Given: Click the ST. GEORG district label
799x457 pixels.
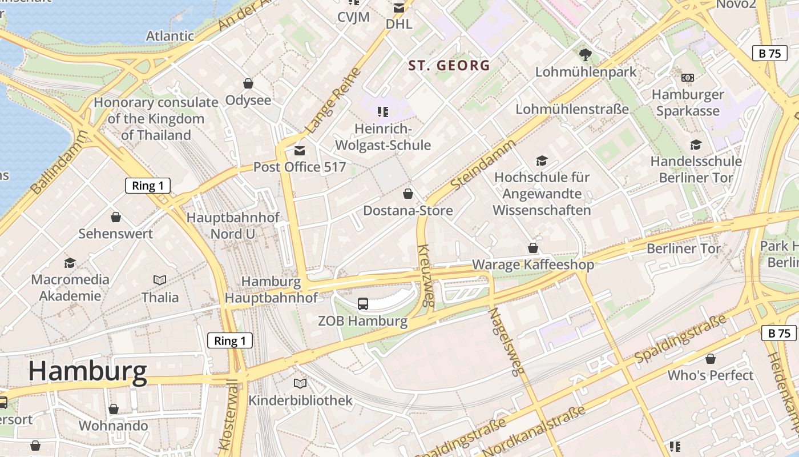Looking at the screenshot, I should (449, 66).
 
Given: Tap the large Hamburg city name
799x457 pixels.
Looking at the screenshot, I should (87, 371).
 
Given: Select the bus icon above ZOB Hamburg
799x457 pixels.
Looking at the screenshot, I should (363, 303).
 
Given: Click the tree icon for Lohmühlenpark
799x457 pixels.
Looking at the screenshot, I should (585, 55).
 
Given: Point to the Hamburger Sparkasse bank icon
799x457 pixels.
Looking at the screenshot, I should (688, 77).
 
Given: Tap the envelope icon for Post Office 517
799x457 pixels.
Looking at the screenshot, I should (299, 151).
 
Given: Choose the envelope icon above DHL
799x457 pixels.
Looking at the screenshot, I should (399, 8).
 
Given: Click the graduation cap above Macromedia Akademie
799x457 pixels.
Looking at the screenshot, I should (70, 263).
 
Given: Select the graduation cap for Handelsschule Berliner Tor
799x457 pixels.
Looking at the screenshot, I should (696, 145).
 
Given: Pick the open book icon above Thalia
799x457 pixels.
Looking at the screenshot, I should (160, 280).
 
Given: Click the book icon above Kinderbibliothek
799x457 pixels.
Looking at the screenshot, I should (300, 383).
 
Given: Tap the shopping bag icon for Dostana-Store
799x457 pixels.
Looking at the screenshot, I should (408, 194).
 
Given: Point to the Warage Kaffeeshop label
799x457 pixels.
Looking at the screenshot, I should (533, 264).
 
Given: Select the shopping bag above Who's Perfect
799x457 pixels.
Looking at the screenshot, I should (711, 359).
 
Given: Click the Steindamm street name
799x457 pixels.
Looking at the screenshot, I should (482, 165).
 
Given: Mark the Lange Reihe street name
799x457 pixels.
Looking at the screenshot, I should (333, 100).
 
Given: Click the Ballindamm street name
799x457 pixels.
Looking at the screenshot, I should (60, 162).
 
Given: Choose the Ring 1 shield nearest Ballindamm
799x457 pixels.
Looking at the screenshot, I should (148, 186).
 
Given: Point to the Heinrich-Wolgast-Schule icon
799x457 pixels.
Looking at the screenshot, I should (383, 111).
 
